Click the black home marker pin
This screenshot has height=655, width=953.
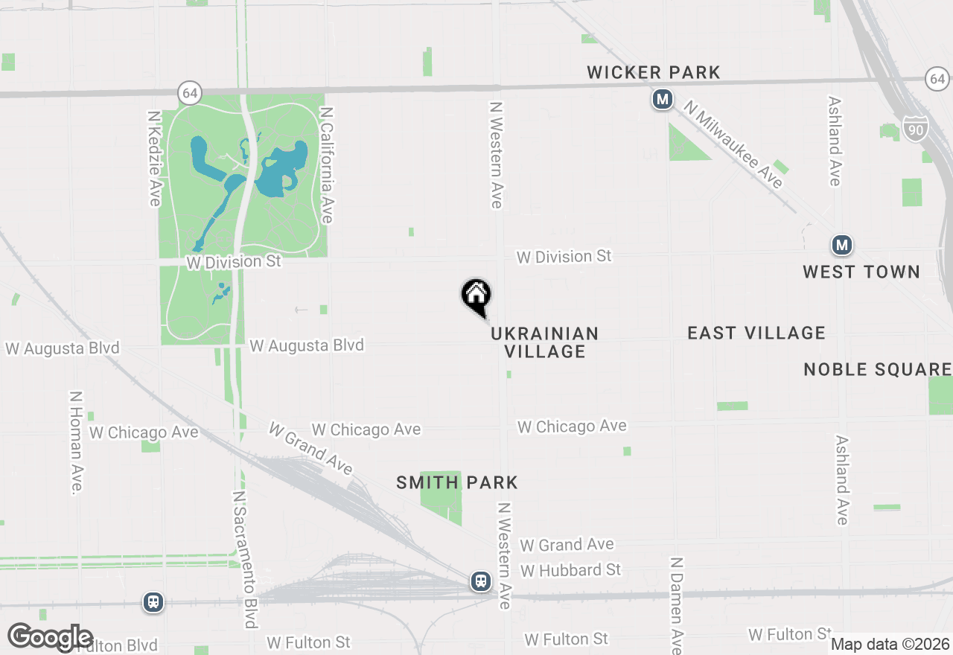476,296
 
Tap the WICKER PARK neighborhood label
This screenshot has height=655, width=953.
654,72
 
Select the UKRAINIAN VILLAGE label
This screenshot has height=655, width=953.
545,342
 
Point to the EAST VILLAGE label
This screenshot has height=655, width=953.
756,333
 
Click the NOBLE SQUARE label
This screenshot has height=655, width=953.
877,369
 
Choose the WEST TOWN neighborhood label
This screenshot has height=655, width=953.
861,272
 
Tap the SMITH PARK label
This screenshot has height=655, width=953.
457,482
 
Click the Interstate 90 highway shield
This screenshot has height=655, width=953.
916,129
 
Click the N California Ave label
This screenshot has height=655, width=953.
326,164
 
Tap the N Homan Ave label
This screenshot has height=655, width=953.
76,442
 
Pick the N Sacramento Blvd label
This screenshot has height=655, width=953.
243,559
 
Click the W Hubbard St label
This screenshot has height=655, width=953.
571,570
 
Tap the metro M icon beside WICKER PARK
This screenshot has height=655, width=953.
662,99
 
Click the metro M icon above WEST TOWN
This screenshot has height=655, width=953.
842,245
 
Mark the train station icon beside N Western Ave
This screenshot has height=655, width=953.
481,581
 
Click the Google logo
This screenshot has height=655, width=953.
51,638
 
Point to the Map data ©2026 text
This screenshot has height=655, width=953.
890,644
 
